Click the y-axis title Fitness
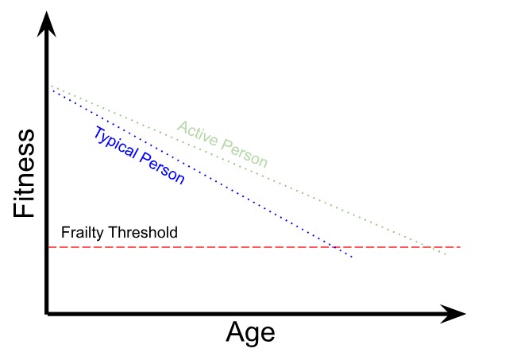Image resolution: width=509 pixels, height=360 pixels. tap(25, 172)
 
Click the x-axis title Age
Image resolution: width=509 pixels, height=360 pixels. tap(251, 332)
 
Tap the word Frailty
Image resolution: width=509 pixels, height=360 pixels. tap(81, 234)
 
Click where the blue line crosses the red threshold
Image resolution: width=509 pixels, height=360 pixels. tap(334, 247)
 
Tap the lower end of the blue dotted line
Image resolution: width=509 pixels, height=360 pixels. tap(351, 257)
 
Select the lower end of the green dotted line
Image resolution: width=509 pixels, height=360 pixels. tap(446, 254)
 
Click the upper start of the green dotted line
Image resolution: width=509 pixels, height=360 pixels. tap(51, 84)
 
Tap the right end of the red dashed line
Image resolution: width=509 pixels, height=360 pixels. tap(460, 247)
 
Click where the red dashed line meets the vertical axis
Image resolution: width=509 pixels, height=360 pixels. tap(49, 247)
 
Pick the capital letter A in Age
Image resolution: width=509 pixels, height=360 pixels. tap(237, 331)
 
